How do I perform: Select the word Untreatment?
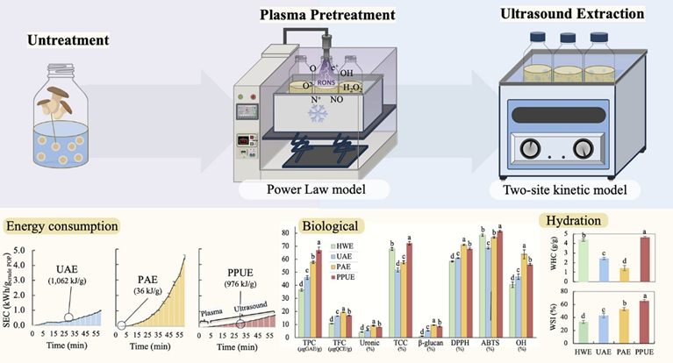66,40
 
